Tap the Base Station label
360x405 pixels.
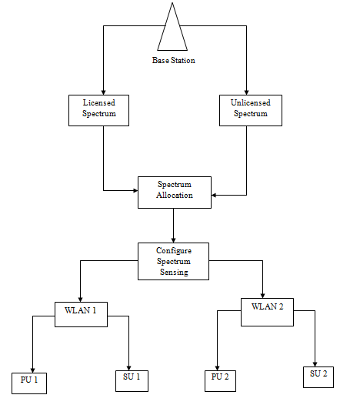[173, 60]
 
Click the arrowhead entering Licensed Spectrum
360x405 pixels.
[104, 92]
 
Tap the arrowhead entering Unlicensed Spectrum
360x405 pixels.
[246, 92]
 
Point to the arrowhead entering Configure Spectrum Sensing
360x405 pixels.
[173, 240]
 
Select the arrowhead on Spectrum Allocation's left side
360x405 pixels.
[135, 191]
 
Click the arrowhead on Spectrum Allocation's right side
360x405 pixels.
[214, 195]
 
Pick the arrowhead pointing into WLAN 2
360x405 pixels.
[263, 296]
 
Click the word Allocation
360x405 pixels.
[175, 196]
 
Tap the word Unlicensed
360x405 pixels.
[251, 103]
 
